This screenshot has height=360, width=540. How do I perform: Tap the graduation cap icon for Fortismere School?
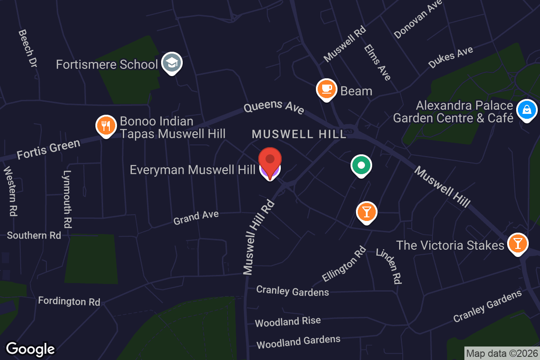pyautogui.click(x=171, y=63)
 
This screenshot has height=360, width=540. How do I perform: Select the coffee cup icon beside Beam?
pyautogui.click(x=327, y=89)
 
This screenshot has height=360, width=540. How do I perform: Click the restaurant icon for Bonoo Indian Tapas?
pyautogui.click(x=106, y=126)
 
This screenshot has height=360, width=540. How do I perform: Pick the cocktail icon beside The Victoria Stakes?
pyautogui.click(x=518, y=243)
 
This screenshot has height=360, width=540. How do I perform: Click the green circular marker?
pyautogui.click(x=361, y=165)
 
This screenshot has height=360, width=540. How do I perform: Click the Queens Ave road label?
pyautogui.click(x=274, y=108)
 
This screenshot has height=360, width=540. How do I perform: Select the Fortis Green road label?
pyautogui.click(x=49, y=149)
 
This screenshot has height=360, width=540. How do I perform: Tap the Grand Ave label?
pyautogui.click(x=196, y=217)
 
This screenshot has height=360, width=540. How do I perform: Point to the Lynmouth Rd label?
pyautogui.click(x=68, y=198)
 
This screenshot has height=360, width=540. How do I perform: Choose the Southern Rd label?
pyautogui.click(x=34, y=235)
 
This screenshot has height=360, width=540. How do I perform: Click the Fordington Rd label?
pyautogui.click(x=69, y=301)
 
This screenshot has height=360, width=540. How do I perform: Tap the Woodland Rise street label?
pyautogui.click(x=288, y=321)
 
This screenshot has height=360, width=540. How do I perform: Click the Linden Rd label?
pyautogui.click(x=388, y=266)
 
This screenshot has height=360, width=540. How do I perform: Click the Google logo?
pyautogui.click(x=30, y=349)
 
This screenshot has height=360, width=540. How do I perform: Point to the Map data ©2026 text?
pyautogui.click(x=501, y=354)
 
